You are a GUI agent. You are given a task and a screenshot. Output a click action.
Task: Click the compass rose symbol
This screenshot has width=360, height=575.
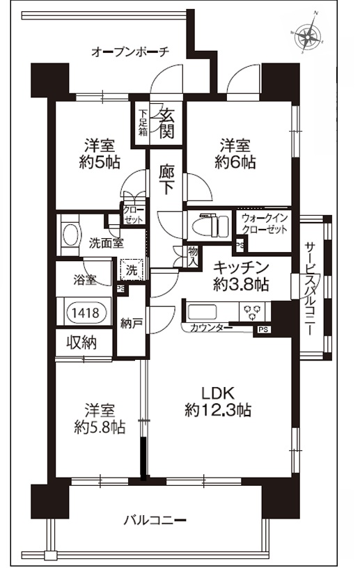pyautogui.click(x=307, y=33)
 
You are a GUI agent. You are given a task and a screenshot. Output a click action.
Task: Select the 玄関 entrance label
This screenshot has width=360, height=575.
pyautogui.click(x=166, y=123)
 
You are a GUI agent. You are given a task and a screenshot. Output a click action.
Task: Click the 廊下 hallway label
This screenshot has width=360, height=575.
pyautogui.click(x=166, y=180)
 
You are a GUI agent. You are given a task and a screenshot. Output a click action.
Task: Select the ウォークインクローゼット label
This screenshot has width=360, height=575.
pyautogui.click(x=264, y=224)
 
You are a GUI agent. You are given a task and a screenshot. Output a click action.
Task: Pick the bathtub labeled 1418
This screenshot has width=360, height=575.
pyautogui.click(x=84, y=313)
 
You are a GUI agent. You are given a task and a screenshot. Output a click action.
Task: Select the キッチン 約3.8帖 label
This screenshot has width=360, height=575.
pyautogui.click(x=240, y=276)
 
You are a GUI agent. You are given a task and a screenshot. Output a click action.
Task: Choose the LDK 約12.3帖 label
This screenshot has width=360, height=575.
pyautogui.click(x=218, y=401)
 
